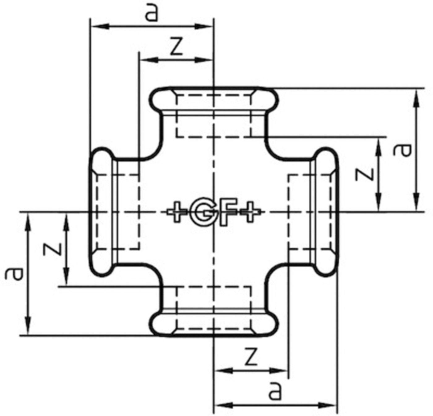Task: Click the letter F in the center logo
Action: pyautogui.click(x=229, y=212)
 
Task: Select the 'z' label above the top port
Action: pyautogui.click(x=176, y=46)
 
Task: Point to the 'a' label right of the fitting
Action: pyautogui.click(x=402, y=150)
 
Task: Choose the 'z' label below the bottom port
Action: pyautogui.click(x=251, y=356)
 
